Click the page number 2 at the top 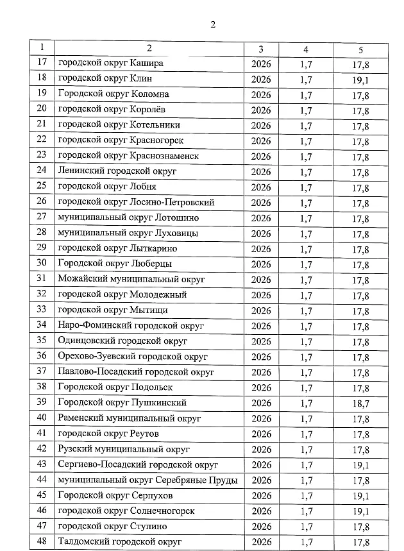click(212, 25)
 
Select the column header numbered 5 click(360, 49)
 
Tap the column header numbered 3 click(261, 49)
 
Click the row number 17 click(43, 64)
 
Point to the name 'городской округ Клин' click(105, 79)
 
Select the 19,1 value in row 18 click(360, 80)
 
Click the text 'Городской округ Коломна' click(114, 94)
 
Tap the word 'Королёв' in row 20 click(147, 110)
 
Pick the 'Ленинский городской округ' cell click(117, 171)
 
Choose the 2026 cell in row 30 click(261, 264)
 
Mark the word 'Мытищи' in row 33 click(149, 310)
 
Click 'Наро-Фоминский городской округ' click(131, 326)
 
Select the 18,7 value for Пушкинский click(360, 403)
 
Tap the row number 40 click(43, 418)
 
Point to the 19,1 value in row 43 click(360, 465)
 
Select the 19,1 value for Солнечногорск click(360, 511)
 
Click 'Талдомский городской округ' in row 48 click(121, 542)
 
